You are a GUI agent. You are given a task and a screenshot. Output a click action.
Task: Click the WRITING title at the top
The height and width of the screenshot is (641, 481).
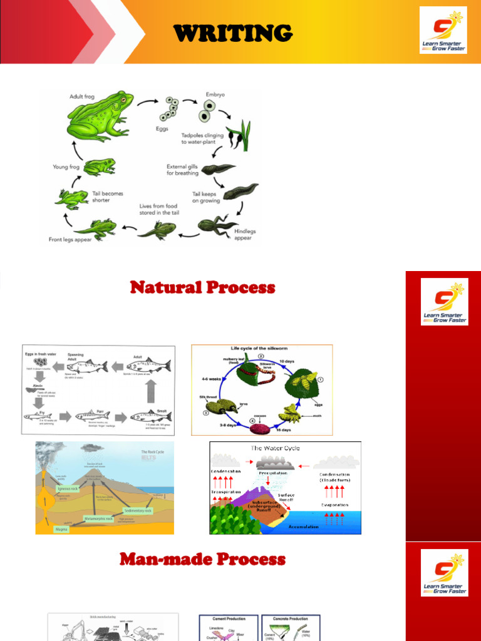tap(232, 33)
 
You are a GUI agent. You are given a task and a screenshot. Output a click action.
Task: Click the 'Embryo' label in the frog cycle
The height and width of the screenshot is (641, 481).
tap(215, 95)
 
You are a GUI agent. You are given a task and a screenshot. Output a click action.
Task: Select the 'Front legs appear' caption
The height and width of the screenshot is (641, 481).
tap(71, 239)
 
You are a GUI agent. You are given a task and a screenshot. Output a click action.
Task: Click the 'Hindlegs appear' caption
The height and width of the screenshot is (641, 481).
tap(245, 234)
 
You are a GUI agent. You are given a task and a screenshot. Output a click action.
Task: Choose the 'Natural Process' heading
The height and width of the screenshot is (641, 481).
tap(202, 288)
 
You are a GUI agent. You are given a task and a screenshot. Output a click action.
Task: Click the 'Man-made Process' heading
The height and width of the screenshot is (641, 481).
tap(202, 559)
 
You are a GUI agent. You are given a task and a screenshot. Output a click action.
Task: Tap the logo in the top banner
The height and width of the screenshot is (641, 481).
tap(443, 30)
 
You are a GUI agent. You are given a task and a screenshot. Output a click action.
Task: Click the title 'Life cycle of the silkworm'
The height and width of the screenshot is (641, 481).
tap(261, 348)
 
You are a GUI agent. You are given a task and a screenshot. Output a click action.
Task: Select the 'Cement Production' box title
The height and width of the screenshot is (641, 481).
tap(227, 618)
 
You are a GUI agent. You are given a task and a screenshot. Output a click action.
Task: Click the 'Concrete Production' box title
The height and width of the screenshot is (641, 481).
tap(291, 618)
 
